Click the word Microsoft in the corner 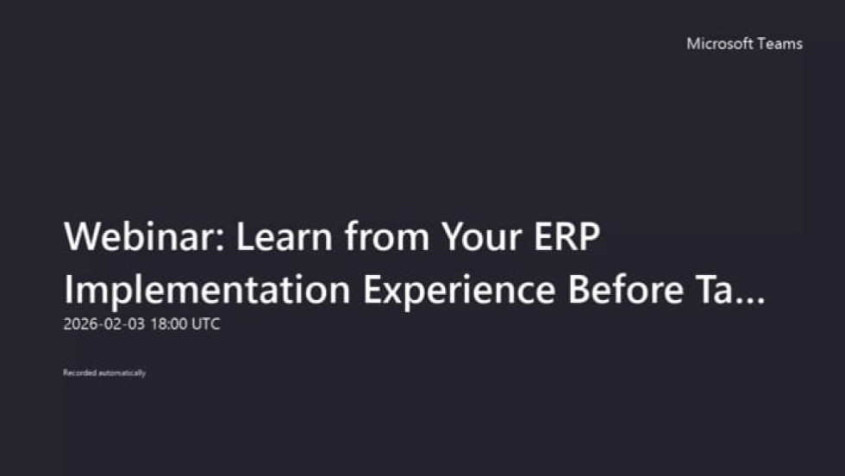719,44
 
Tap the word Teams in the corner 779,44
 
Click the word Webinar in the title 139,236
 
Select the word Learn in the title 284,236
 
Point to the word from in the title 387,236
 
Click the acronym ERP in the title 567,236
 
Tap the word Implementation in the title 208,291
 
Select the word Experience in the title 460,291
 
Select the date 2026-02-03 104,324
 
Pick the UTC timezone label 206,324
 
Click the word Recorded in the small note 79,373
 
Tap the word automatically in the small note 122,373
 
